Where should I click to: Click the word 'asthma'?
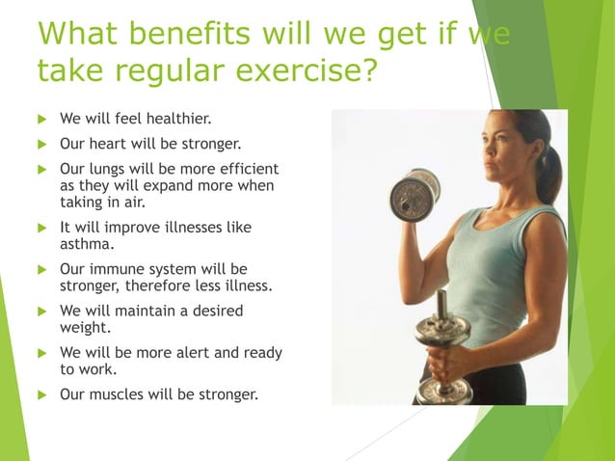click(87, 244)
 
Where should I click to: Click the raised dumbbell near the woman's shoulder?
click(414, 193)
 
